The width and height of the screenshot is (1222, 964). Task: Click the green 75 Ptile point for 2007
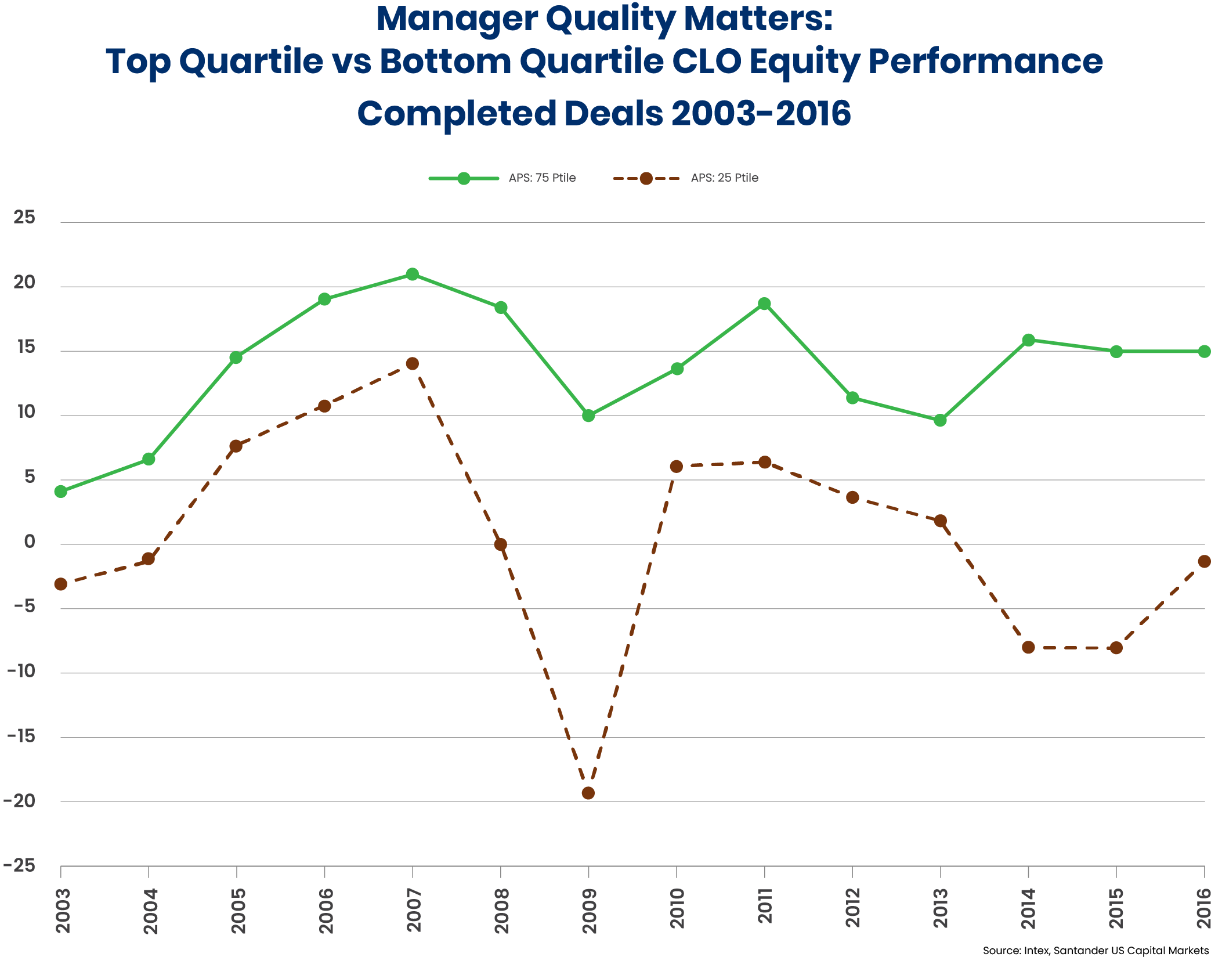click(412, 274)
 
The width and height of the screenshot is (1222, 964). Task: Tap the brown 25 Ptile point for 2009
click(588, 793)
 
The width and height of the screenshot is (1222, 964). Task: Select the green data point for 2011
click(764, 304)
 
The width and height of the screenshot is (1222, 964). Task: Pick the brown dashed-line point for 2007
click(412, 363)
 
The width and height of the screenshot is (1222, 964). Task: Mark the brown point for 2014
click(1028, 647)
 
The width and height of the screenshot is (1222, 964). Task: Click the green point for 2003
click(60, 492)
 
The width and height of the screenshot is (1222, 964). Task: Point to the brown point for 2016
click(1204, 561)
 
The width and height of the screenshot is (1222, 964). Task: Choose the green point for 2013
click(940, 420)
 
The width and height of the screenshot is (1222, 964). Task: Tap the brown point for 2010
click(676, 466)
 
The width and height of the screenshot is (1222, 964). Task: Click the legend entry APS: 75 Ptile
click(541, 178)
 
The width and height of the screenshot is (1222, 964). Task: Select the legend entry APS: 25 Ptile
click(724, 178)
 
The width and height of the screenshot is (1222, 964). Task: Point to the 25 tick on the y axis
click(24, 218)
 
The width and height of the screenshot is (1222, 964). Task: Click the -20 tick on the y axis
click(20, 801)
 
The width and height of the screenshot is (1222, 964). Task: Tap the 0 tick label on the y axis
click(29, 542)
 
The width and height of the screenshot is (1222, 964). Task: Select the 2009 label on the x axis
click(589, 911)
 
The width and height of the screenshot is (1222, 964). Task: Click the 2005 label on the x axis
click(237, 911)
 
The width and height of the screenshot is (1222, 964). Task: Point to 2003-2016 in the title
click(761, 113)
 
